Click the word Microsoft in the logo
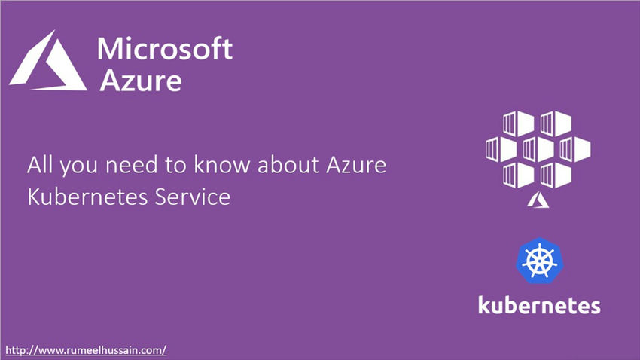pyautogui.click(x=165, y=50)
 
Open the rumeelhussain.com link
pyautogui.click(x=86, y=350)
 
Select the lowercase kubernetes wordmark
pyautogui.click(x=539, y=305)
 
